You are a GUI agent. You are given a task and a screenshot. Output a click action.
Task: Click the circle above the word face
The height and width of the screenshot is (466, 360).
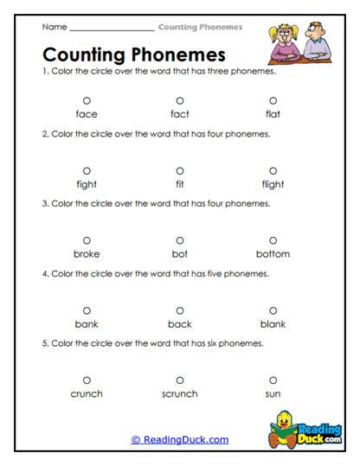pos(87,100)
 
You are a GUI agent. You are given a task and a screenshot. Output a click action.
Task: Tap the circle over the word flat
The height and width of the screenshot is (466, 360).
pos(273,100)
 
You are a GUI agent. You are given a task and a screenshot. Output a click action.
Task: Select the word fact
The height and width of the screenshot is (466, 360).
pos(180,114)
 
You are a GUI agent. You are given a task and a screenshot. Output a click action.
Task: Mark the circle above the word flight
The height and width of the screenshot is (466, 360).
pos(273,170)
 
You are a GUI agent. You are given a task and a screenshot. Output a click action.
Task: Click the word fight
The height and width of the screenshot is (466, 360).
pos(87,184)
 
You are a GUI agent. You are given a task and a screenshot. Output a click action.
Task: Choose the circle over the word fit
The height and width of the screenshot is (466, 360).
pos(180,170)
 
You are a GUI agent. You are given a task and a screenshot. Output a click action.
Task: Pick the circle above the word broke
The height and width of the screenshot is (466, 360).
pos(87,240)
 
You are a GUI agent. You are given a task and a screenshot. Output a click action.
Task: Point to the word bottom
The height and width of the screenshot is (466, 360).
pos(273,254)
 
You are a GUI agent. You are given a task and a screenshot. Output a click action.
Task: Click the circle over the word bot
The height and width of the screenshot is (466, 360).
pos(180,240)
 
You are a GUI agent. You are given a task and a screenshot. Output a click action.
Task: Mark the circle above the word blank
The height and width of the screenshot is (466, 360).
pos(273,310)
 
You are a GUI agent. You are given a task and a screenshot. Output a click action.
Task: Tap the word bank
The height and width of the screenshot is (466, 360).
pos(87,324)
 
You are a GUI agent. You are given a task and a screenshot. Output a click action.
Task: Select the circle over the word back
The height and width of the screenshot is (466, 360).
pos(180,310)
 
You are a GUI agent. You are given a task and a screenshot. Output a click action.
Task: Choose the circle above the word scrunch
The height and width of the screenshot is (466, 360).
pos(180,380)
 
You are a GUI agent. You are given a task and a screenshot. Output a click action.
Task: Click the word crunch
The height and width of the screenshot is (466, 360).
pos(87,393)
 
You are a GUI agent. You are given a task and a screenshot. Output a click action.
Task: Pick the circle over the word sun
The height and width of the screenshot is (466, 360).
pos(273,380)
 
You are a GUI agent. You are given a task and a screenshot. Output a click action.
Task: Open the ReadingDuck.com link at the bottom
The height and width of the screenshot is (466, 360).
pos(180,440)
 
